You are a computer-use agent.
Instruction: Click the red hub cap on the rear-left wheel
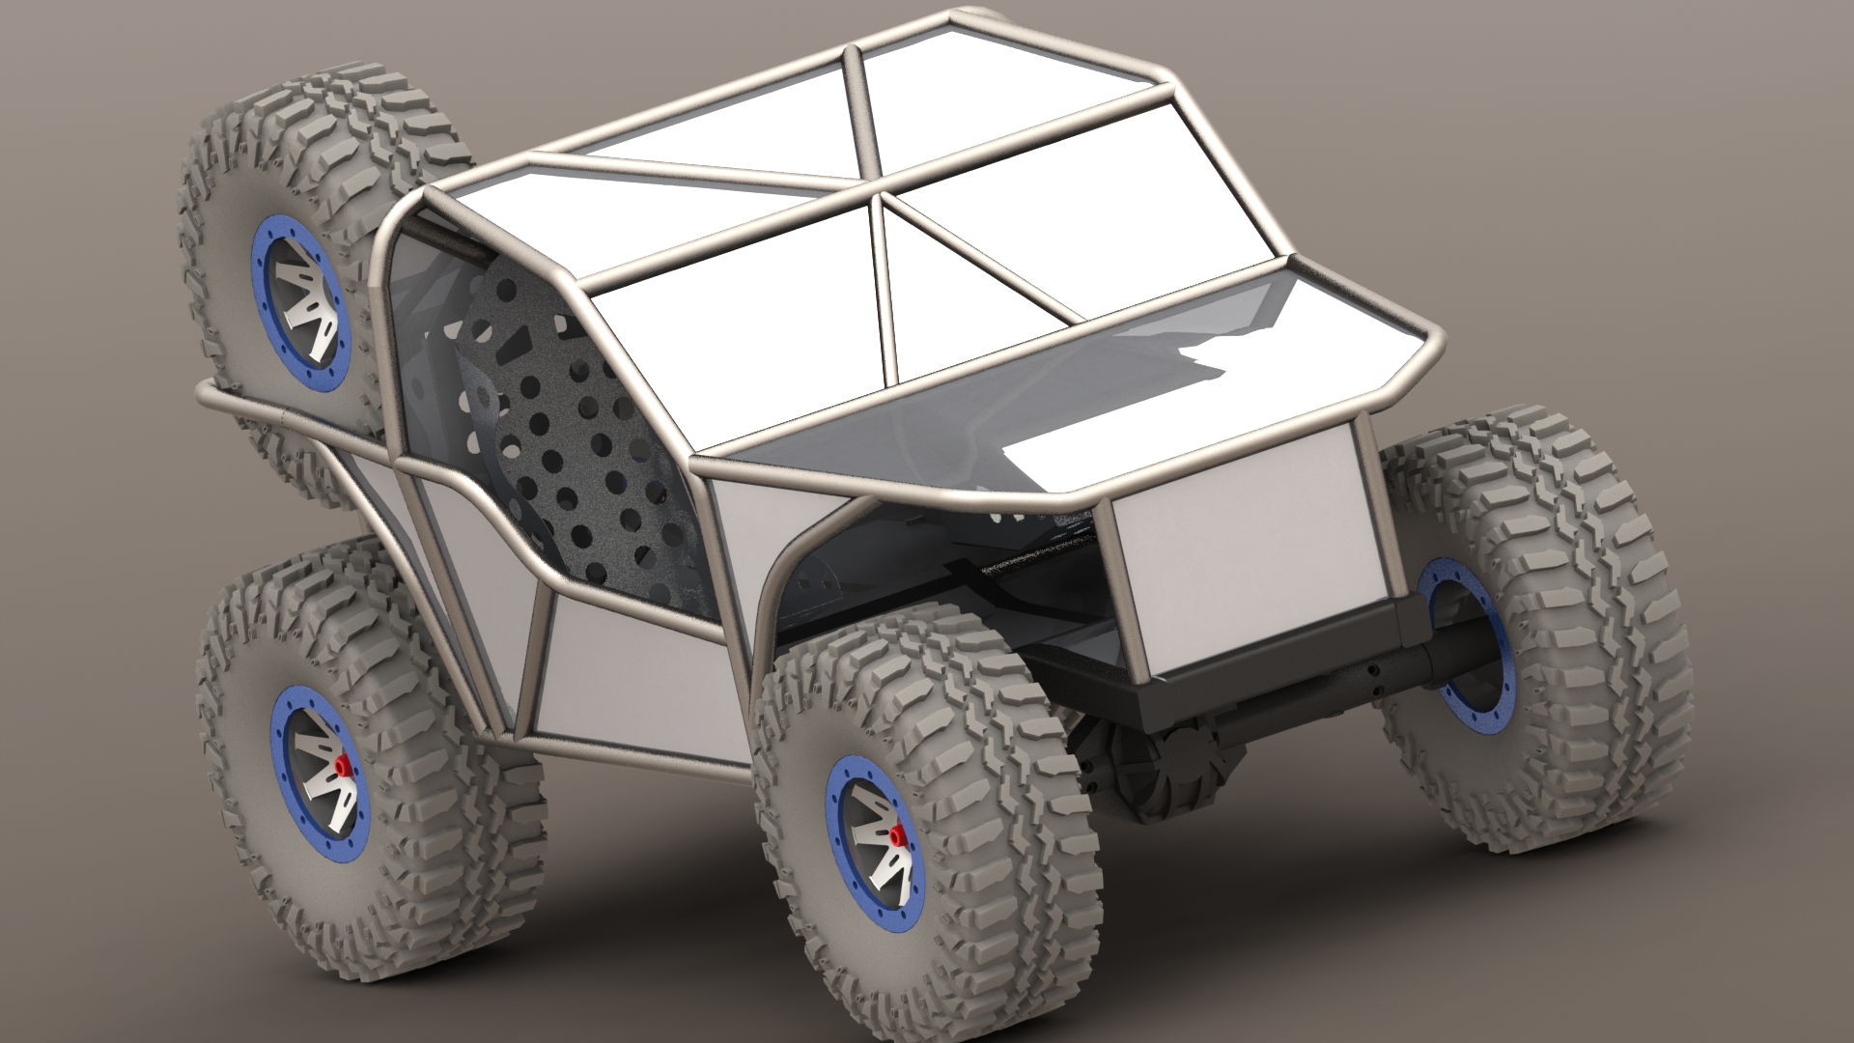point(342,766)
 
